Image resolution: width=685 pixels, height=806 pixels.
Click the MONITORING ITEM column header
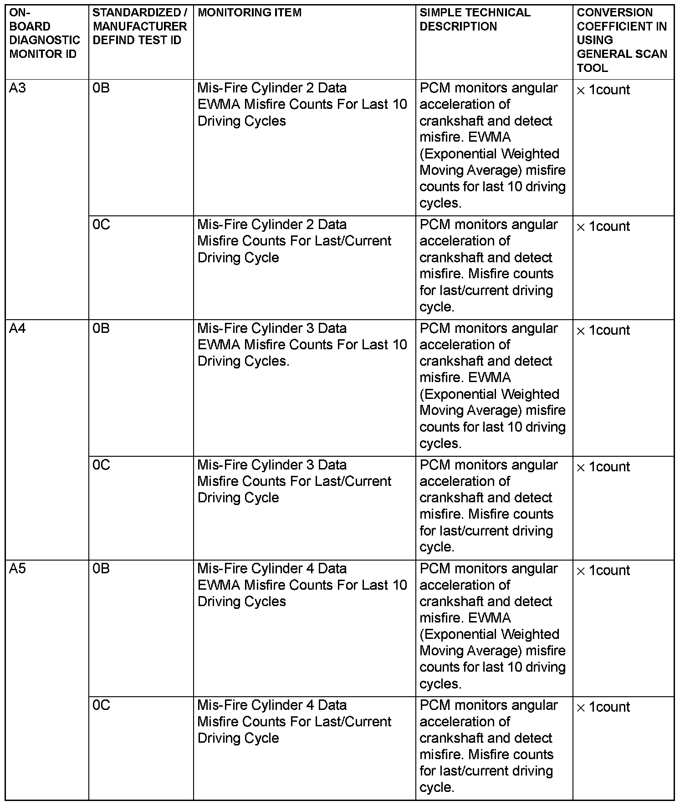250,13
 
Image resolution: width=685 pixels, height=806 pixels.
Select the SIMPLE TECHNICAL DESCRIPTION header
475,20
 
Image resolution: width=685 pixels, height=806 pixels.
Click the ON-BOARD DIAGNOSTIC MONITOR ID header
44,33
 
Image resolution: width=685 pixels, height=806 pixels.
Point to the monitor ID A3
18,88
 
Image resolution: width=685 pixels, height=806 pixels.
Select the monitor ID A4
18,328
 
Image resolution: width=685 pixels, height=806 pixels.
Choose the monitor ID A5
18,569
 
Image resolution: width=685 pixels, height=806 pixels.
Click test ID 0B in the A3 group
101,88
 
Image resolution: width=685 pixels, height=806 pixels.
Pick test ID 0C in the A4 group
101,465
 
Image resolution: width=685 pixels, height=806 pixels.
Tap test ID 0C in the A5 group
101,705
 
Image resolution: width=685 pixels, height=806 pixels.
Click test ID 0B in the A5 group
101,569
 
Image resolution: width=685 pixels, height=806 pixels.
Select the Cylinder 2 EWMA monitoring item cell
302,104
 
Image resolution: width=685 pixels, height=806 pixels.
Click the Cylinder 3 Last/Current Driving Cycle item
294,481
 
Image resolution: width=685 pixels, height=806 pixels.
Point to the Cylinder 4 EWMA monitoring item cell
302,585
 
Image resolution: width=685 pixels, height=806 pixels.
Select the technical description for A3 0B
492,145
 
